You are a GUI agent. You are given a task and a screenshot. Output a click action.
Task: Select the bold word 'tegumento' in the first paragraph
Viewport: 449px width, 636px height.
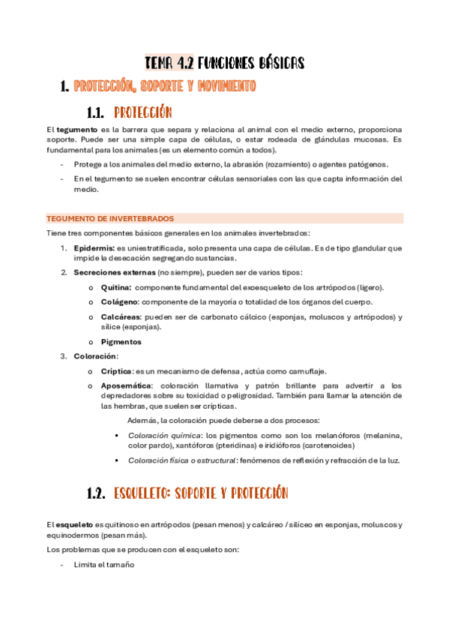coord(73,130)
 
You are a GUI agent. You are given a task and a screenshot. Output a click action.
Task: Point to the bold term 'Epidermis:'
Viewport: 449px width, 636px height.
coord(94,247)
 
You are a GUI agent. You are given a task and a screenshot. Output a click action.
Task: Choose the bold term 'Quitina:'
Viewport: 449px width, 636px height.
coord(116,287)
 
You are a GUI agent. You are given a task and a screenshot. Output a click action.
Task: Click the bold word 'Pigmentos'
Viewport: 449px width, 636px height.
coord(121,342)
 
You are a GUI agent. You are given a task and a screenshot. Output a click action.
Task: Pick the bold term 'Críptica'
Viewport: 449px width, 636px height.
coord(116,371)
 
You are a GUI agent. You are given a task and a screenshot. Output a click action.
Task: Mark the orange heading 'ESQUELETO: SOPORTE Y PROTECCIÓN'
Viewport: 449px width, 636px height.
coord(201,493)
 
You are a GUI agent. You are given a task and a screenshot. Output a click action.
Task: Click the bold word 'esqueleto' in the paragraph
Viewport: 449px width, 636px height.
coord(74,525)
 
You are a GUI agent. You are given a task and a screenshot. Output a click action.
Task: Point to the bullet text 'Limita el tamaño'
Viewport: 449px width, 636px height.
coord(103,565)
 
